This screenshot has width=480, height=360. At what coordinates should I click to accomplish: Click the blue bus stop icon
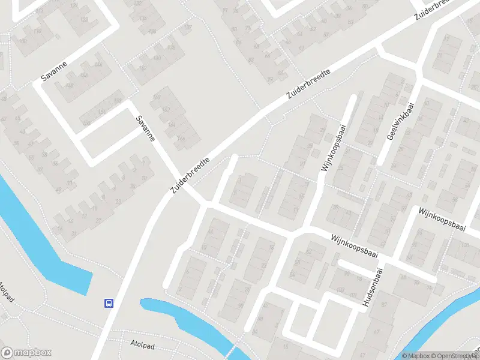click(x=109, y=303)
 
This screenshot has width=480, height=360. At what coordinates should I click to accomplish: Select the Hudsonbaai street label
click(x=373, y=289)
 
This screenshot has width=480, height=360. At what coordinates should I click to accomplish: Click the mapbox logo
click(x=26, y=353)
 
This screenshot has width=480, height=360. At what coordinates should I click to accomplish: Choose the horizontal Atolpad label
click(x=143, y=343)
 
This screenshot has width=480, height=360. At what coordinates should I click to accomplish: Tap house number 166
click(x=180, y=139)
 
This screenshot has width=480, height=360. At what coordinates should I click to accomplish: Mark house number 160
click(x=158, y=97)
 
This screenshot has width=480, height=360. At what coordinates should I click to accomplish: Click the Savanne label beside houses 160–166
click(x=146, y=128)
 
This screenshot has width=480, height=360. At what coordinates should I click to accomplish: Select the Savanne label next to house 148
click(x=53, y=71)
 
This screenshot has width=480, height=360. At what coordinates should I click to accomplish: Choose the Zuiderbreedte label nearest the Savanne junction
click(x=191, y=175)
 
